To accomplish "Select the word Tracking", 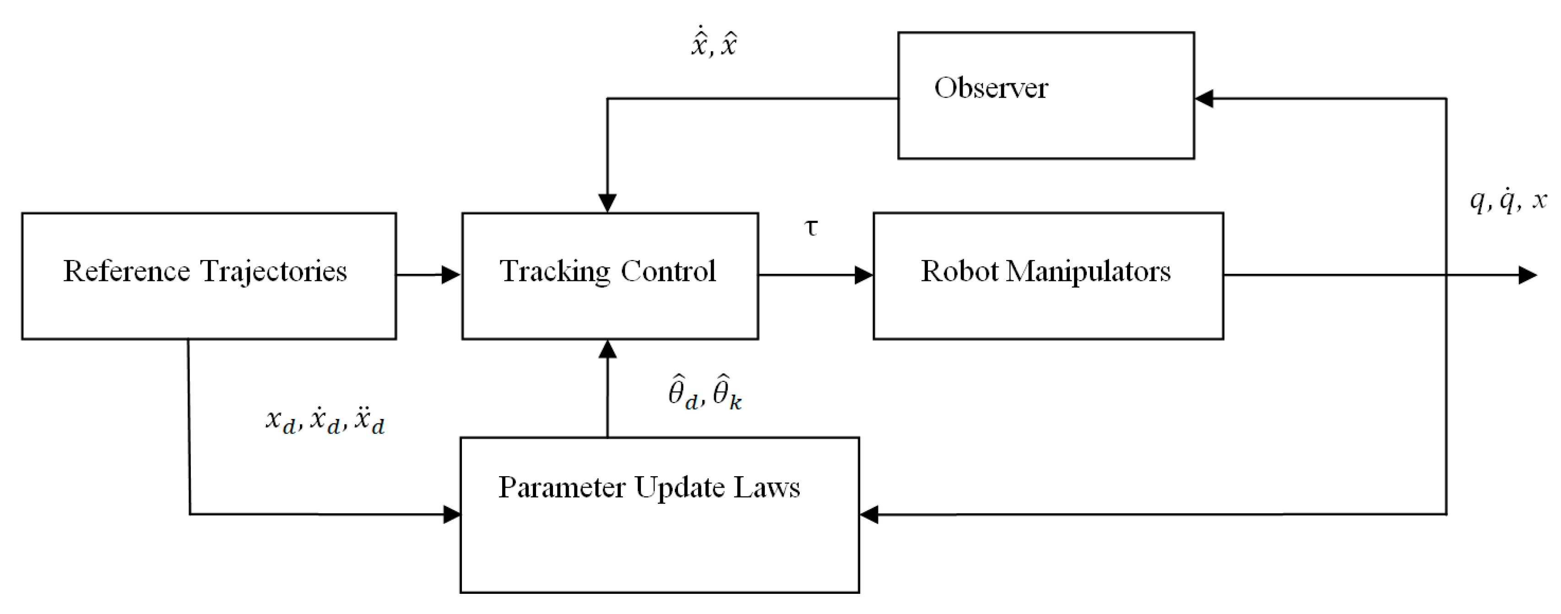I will (x=554, y=271).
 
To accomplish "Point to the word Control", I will (x=668, y=271).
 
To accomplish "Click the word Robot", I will (x=959, y=271).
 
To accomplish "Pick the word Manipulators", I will (x=1088, y=271).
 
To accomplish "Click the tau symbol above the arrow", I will (x=810, y=228).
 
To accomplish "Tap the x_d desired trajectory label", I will (x=325, y=420).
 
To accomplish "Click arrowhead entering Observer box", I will (x=1203, y=98).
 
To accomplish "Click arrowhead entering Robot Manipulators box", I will (x=863, y=275).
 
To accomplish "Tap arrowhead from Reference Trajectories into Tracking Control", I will (x=451, y=275).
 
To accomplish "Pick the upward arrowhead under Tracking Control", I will (x=607, y=349).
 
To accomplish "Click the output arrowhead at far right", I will (x=1527, y=275).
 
